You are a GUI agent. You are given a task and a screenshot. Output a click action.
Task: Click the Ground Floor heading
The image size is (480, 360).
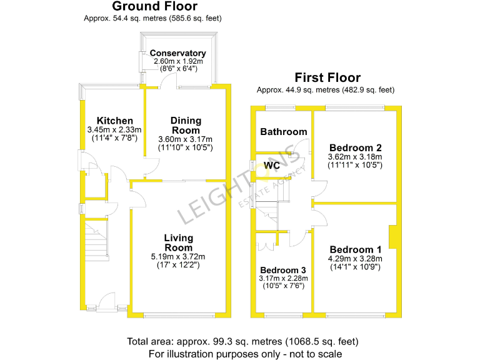(x=154, y=7)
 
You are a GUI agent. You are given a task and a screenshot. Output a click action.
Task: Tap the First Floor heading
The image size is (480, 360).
(x=327, y=78)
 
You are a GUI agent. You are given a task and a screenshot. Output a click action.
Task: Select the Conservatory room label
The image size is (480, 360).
(x=177, y=54)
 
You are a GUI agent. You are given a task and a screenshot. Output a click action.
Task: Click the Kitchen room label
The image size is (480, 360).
(x=114, y=121)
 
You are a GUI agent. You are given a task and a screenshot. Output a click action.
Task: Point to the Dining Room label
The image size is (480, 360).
(x=186, y=126)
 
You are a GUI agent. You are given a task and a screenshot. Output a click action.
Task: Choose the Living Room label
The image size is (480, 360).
(x=178, y=243)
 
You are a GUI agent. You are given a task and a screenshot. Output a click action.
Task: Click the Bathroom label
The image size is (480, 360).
(x=284, y=132)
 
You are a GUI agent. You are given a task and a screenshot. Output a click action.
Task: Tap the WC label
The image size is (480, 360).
(x=272, y=166)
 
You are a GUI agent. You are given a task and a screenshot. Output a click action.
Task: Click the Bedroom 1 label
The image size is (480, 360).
(x=354, y=246)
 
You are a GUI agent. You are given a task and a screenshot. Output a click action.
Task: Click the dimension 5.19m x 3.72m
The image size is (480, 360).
(x=178, y=257)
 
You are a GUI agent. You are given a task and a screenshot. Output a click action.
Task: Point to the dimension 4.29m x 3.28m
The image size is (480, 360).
(x=354, y=258)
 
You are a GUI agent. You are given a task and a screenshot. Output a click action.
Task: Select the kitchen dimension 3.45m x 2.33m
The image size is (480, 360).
(x=114, y=130)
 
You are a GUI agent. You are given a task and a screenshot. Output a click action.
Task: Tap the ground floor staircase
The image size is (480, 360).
(x=96, y=240)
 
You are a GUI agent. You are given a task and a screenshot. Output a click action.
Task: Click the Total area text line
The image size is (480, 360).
(x=242, y=342)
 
